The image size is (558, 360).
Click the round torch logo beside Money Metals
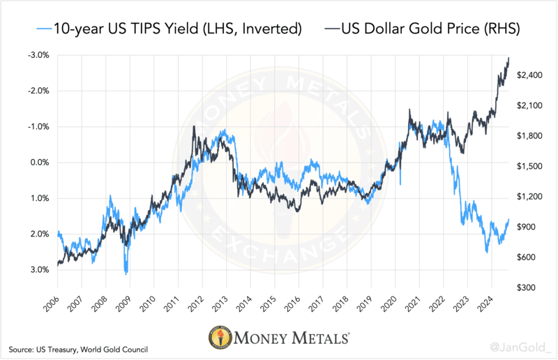221,338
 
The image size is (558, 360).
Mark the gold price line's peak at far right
508,58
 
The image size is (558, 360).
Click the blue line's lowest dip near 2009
126,273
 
